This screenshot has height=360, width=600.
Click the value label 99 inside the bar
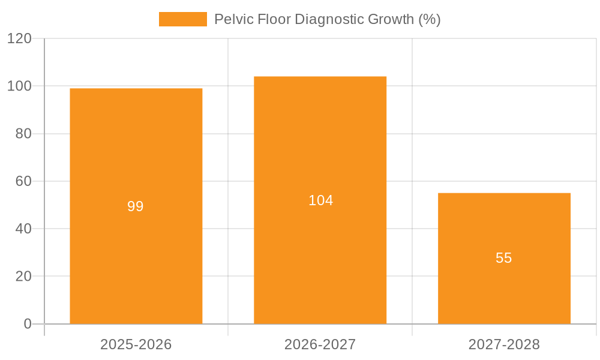136,206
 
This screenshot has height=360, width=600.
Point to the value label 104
320,200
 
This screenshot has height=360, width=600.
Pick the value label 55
504,258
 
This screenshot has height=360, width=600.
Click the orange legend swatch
182,19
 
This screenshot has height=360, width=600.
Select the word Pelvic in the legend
231,19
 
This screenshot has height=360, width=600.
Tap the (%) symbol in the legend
429,19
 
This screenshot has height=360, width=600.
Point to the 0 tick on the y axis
28,324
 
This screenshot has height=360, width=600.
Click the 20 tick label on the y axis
23,277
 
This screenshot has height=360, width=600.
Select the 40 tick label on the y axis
23,229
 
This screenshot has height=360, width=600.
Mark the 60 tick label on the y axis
23,181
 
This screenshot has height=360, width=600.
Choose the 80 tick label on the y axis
23,134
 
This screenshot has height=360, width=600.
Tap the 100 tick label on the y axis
20,86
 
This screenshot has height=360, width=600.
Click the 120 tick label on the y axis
20,38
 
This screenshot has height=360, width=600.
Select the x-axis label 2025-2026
136,344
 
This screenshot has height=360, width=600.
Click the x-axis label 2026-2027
320,344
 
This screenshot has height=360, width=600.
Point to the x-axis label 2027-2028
504,344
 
